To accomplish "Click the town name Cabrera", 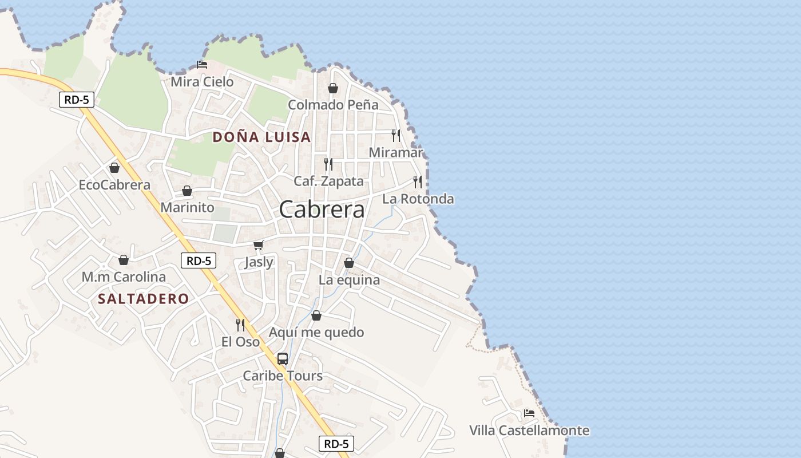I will [x=322, y=210].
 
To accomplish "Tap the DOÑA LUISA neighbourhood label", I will [x=261, y=137].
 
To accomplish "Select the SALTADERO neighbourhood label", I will [x=143, y=299].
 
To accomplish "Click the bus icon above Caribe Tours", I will [x=283, y=359].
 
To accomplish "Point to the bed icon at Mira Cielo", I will [x=202, y=65].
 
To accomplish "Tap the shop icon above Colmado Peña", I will [x=333, y=88].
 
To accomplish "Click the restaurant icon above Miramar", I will [x=396, y=135].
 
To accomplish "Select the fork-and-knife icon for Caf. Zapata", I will [x=328, y=164].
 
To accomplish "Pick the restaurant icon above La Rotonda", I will [x=418, y=182].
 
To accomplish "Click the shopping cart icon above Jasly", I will [x=259, y=246].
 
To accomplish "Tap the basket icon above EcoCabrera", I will [x=114, y=168].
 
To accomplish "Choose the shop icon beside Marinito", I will [x=187, y=191].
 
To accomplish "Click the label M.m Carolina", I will [x=124, y=277].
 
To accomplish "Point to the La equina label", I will [x=349, y=280].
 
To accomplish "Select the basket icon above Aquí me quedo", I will [x=316, y=315].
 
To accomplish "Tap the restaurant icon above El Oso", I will [x=241, y=325].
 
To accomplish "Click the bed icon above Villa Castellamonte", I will [x=529, y=413].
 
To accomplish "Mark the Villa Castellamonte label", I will [x=529, y=431].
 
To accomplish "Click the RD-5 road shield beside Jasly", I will [x=199, y=261].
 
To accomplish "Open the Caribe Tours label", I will [x=283, y=376].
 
